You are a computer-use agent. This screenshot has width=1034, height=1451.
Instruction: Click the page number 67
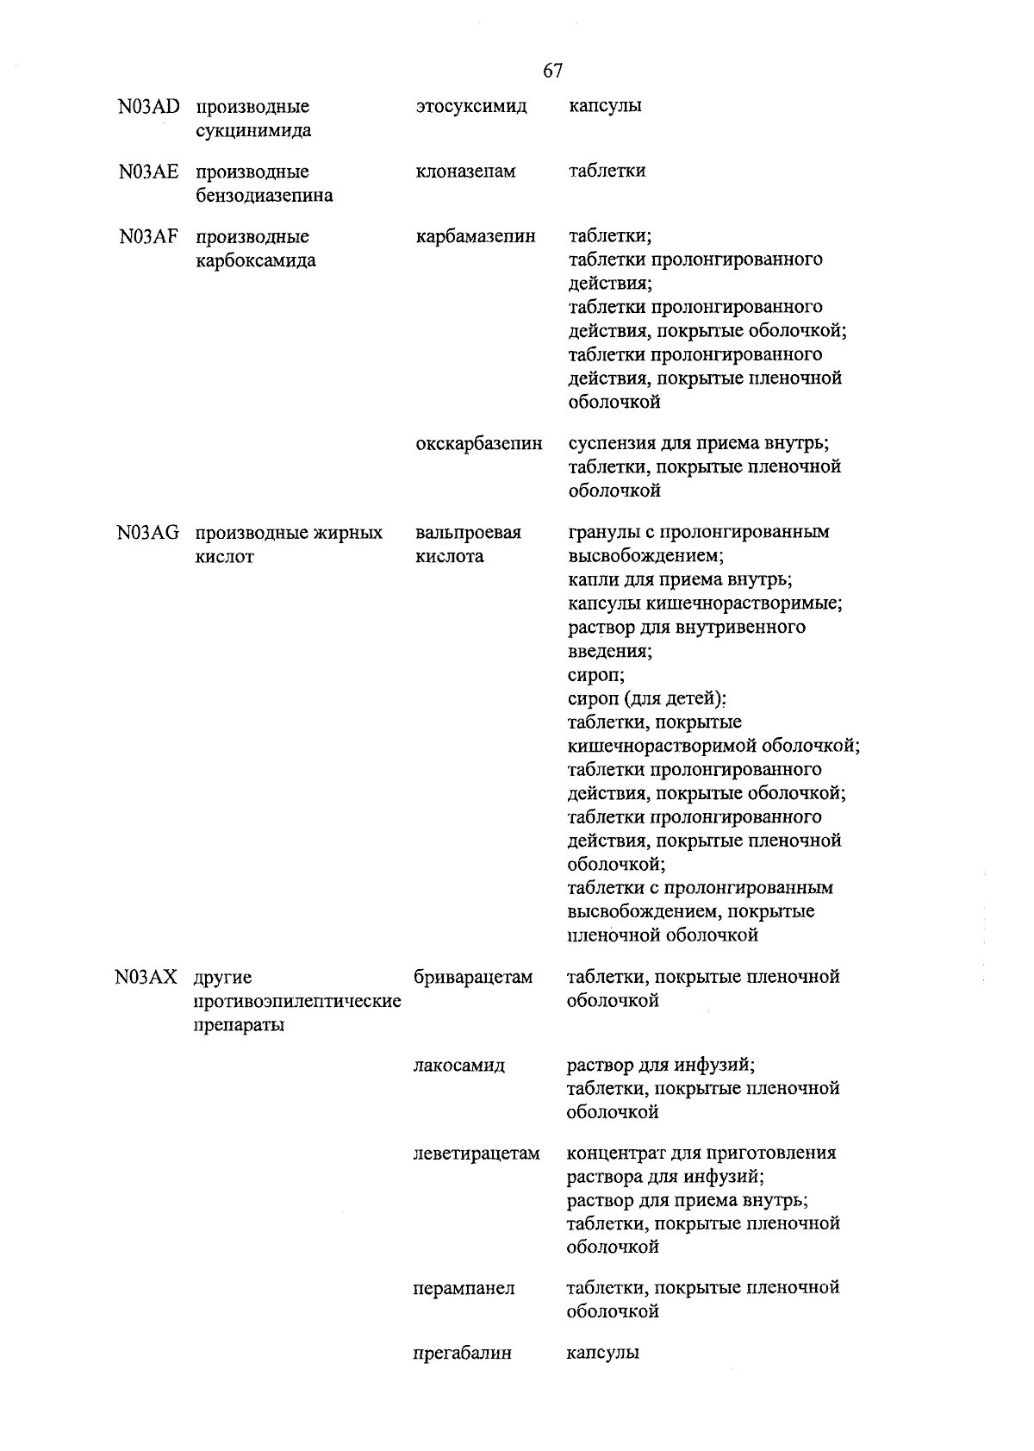553,71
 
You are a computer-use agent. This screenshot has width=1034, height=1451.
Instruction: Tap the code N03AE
149,172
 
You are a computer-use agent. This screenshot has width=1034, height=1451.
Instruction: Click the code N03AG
148,533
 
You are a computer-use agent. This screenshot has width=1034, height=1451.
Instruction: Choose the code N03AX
146,978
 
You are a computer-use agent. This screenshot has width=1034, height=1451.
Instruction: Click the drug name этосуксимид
470,107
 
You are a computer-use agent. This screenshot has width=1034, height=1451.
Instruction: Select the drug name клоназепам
465,172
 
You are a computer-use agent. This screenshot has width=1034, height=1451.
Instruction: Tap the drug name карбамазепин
475,236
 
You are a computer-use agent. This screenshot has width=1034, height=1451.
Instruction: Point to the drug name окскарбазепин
479,444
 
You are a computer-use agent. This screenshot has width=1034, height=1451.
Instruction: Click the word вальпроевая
468,533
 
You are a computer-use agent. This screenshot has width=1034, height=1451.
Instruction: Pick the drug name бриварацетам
473,978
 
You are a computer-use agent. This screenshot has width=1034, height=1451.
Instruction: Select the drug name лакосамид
459,1066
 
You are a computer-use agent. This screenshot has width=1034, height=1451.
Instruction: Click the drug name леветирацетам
477,1154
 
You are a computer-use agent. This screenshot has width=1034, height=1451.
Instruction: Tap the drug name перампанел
464,1288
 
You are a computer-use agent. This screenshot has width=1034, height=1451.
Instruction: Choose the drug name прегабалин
463,1353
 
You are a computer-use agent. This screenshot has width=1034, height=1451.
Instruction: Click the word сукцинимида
253,131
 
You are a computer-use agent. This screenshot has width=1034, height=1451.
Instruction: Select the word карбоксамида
256,260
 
